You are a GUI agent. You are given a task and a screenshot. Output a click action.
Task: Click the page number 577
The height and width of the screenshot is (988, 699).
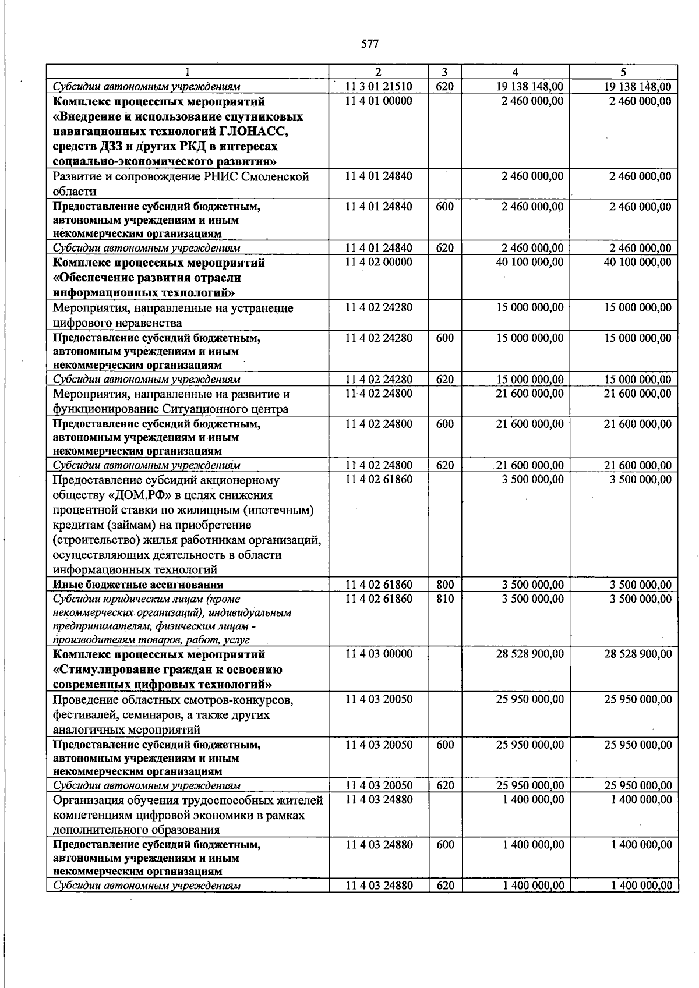[x=370, y=44]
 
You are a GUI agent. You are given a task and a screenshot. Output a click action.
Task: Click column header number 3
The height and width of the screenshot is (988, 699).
[x=444, y=72]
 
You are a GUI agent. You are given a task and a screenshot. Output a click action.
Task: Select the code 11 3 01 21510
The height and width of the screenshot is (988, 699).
[x=379, y=87]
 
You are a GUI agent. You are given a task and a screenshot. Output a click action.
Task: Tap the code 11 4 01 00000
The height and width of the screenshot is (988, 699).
[x=379, y=101]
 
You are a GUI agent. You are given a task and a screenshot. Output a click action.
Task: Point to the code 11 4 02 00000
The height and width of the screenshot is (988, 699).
[x=379, y=263]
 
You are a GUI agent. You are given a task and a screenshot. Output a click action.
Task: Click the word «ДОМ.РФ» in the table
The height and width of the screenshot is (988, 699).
[x=128, y=495]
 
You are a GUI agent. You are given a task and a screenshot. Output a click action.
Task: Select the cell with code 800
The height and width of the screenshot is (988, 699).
[x=445, y=585]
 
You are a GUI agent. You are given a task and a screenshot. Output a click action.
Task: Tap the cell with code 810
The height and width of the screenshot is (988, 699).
[x=445, y=599]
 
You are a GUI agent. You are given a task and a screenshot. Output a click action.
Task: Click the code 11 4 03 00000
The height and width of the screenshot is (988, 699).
[x=379, y=654]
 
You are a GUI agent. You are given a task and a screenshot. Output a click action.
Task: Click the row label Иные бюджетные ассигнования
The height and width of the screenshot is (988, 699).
[x=138, y=585]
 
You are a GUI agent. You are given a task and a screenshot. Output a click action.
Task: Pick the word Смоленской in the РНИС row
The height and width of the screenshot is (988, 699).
[x=277, y=177]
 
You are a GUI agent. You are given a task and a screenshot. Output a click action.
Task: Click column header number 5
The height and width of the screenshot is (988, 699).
[x=623, y=72]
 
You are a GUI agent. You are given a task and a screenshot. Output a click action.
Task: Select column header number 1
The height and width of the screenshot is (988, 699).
[x=188, y=72]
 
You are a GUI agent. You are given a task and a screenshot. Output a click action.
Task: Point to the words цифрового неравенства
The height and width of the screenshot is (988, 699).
[x=117, y=323]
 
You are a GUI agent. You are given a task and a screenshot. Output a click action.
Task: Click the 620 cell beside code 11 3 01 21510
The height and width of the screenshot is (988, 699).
[x=445, y=87]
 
